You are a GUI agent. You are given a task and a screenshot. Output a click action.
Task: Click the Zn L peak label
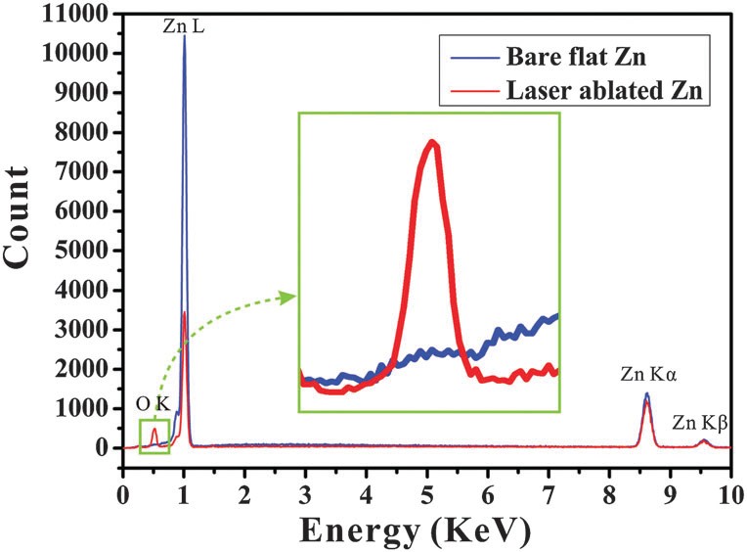pyautogui.click(x=184, y=28)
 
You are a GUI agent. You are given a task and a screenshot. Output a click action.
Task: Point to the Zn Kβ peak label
pyautogui.click(x=700, y=423)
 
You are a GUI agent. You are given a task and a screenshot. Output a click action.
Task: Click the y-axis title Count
pyautogui.click(x=28, y=234)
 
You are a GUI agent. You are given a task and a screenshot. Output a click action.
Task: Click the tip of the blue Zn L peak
pyautogui.click(x=184, y=36)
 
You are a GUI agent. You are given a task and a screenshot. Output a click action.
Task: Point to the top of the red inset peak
pyautogui.click(x=431, y=142)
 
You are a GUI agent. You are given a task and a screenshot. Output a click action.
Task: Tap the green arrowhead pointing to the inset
pyautogui.click(x=289, y=295)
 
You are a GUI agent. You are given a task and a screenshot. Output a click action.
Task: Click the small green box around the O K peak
pyautogui.click(x=154, y=437)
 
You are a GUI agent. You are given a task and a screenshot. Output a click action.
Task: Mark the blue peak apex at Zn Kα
pyautogui.click(x=646, y=393)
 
